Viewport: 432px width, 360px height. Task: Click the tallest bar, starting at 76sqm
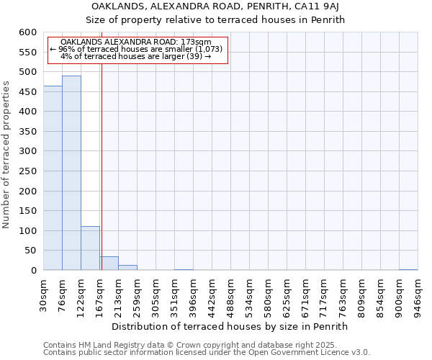point(71,173)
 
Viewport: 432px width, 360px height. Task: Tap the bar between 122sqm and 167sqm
point(90,248)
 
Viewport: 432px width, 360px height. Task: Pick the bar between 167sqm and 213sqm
point(109,264)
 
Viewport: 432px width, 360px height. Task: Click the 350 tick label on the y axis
point(27,132)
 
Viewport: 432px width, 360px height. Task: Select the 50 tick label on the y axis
point(30,251)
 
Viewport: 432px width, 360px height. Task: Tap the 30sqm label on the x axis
point(44,294)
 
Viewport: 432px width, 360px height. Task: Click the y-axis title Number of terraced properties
point(7,154)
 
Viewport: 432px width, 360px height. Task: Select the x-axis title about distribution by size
point(230,326)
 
